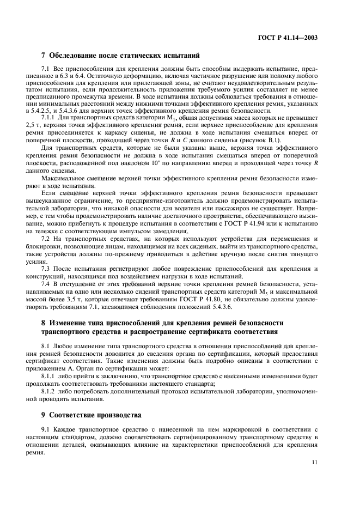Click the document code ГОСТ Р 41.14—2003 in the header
click(287, 39)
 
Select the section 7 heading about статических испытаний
click(121, 55)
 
